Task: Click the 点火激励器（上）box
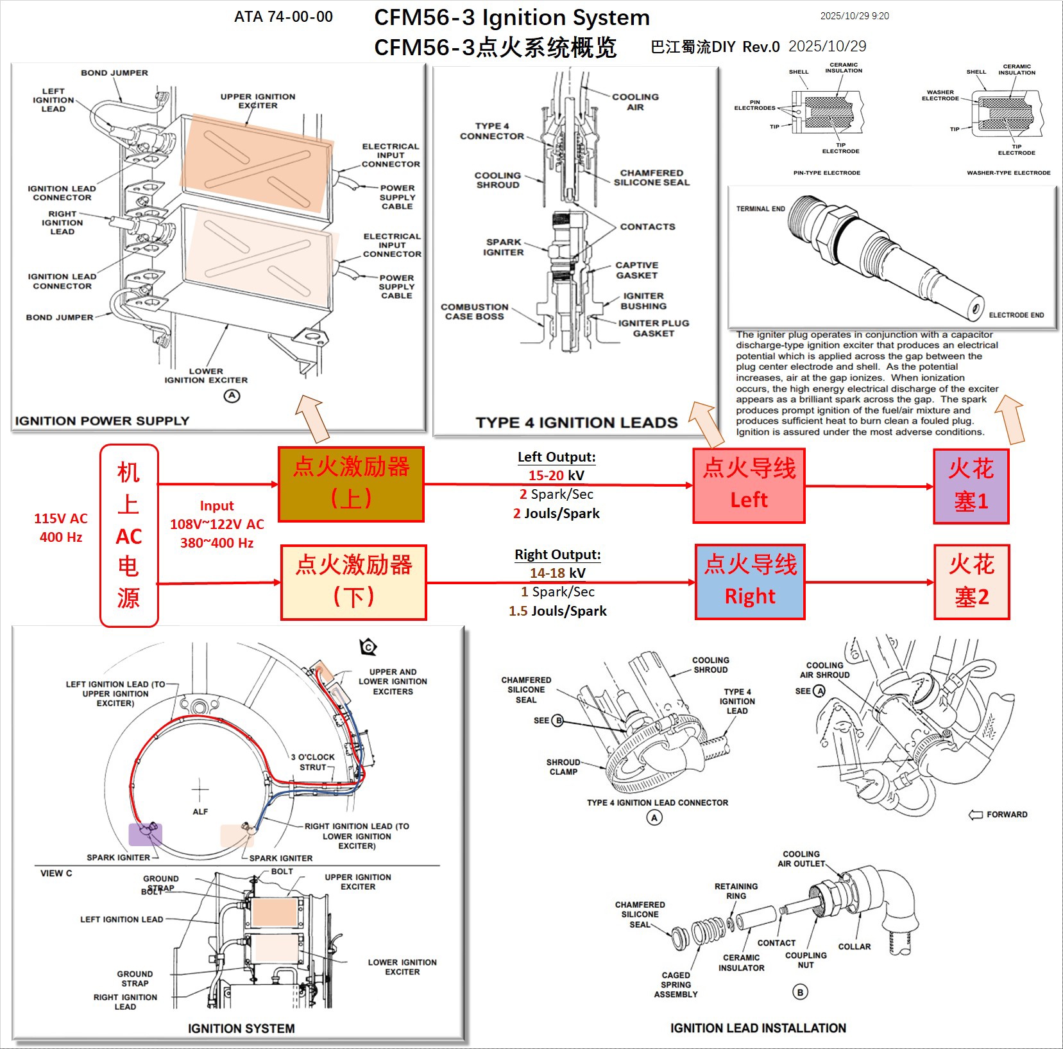coord(351,483)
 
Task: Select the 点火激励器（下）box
coord(353,582)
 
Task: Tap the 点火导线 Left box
coord(749,485)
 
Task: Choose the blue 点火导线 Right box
coord(750,582)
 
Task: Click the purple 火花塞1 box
coord(971,486)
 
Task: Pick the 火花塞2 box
coord(971,582)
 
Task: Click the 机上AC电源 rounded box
coord(129,535)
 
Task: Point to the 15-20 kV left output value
coord(556,476)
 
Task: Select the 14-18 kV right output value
coord(557,573)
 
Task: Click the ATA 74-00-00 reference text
coord(284,17)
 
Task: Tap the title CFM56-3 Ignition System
coord(511,17)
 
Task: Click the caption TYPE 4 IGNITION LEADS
coord(576,422)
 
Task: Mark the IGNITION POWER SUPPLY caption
coord(102,421)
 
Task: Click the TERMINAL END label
coord(760,209)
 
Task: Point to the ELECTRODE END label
coord(1016,315)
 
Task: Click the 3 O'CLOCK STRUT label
coord(313,762)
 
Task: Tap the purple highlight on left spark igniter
coord(146,834)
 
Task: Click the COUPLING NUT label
coord(806,960)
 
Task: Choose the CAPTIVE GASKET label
coord(636,270)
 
